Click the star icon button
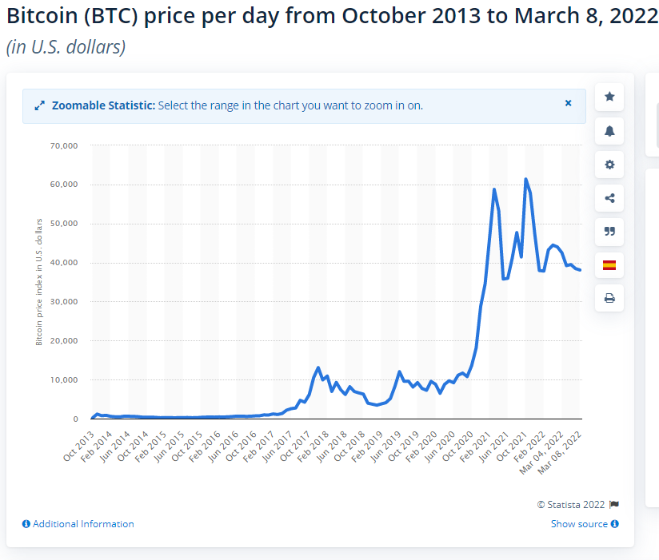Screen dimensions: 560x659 pyautogui.click(x=609, y=97)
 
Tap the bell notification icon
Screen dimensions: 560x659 pyautogui.click(x=609, y=131)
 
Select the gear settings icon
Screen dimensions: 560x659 pyautogui.click(x=609, y=165)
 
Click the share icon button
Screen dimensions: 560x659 pyautogui.click(x=609, y=198)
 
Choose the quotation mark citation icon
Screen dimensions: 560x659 pyautogui.click(x=609, y=232)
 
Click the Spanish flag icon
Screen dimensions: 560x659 pyautogui.click(x=609, y=265)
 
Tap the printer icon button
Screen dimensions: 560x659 pyautogui.click(x=609, y=299)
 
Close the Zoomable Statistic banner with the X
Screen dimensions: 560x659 pyautogui.click(x=569, y=103)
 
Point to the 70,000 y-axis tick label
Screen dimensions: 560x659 pyautogui.click(x=62, y=145)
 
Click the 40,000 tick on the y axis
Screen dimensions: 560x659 pyautogui.click(x=62, y=263)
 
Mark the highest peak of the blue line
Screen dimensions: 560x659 pyautogui.click(x=525, y=179)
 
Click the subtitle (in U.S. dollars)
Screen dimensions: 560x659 pyautogui.click(x=66, y=47)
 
